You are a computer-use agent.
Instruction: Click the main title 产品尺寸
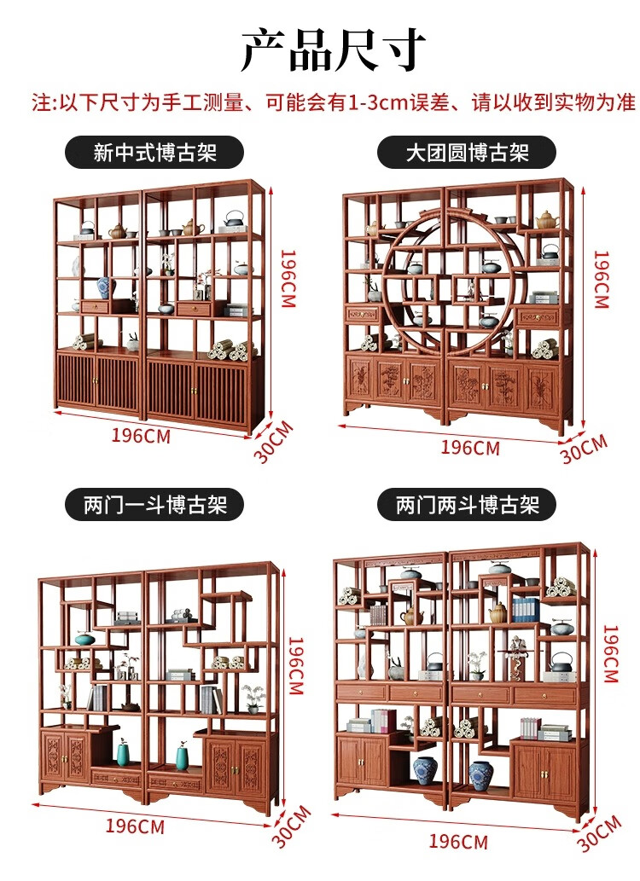(x=333, y=49)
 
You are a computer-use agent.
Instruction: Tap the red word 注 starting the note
(x=42, y=103)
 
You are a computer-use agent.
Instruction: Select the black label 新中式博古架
(x=155, y=154)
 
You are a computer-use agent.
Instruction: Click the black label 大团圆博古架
(x=467, y=154)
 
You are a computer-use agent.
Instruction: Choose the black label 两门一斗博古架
(x=155, y=505)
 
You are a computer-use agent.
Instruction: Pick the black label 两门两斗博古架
(x=467, y=505)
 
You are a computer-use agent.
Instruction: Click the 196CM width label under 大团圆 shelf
(x=469, y=447)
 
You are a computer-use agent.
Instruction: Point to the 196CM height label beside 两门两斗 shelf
(x=610, y=652)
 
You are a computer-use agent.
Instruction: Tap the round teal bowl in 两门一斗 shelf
(x=84, y=638)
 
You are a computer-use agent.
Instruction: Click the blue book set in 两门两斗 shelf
(x=526, y=609)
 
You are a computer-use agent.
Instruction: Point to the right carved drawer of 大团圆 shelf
(x=538, y=317)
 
